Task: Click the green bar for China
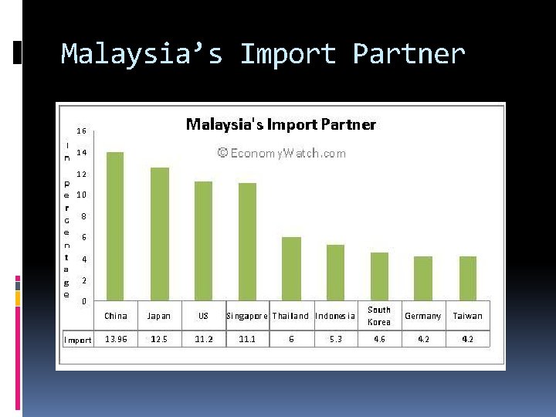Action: (115, 225)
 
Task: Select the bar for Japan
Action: (159, 233)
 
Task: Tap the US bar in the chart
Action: (203, 240)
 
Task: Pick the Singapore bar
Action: (247, 241)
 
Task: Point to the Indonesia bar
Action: (335, 272)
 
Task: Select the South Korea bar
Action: (379, 276)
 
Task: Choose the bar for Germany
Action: (423, 278)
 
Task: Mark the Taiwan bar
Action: (468, 278)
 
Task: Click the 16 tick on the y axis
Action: (81, 131)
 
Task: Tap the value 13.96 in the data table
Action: (116, 340)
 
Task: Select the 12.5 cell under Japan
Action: (159, 340)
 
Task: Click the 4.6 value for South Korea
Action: (379, 340)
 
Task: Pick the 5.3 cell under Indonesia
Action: (335, 340)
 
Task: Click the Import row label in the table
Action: (77, 340)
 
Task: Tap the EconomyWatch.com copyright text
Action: (282, 153)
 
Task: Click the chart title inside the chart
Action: (281, 124)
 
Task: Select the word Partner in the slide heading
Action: (409, 54)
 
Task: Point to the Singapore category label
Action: (247, 316)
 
